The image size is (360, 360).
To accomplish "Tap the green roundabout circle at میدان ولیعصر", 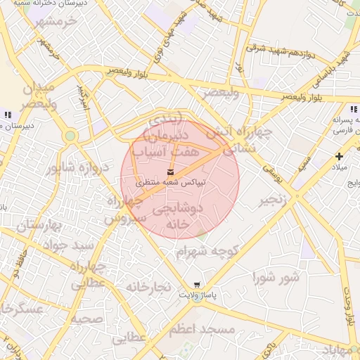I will [x=70, y=136].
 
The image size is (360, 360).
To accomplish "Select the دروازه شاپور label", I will [x=79, y=168].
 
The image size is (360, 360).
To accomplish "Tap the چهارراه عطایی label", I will [x=88, y=274].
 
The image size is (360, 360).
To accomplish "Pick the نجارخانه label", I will [x=148, y=287].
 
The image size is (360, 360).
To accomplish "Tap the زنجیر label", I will [x=275, y=200].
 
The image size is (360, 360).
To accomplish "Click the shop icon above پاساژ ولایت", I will [x=196, y=285].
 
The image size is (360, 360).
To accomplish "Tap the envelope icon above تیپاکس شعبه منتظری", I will [x=171, y=172].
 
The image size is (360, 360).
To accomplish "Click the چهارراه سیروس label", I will [x=126, y=210].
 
